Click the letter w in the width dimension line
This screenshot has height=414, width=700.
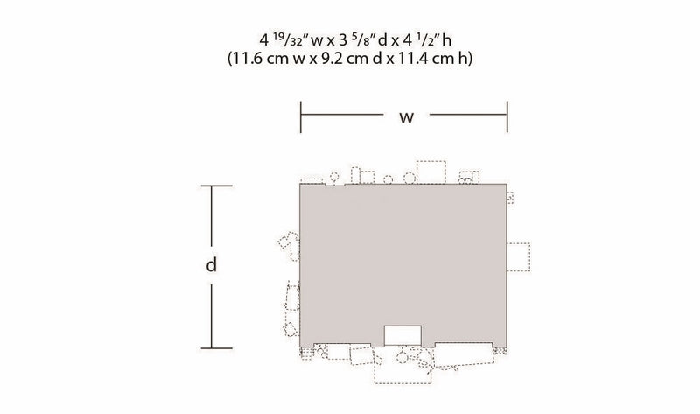pos(406,117)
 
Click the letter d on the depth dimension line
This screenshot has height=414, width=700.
pos(211,265)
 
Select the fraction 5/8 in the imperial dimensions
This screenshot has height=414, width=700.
pos(363,39)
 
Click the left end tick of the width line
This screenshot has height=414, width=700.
pos(301,117)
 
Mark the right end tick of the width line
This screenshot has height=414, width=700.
pos(507,117)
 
